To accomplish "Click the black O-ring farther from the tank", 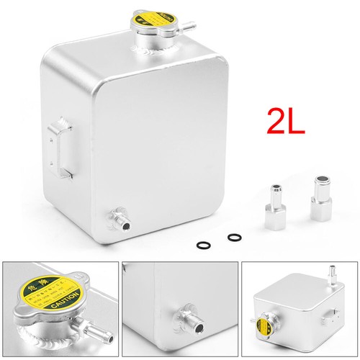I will [x=234, y=237].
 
